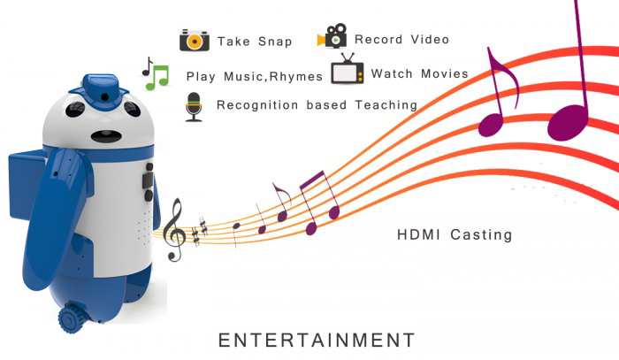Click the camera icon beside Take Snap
195,41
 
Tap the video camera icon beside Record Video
332,36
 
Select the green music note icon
157,77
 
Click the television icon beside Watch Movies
348,69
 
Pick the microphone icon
194,107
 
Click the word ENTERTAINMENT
317,341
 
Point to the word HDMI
418,234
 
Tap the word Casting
481,235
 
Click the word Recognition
257,105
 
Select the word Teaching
386,105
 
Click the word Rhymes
295,76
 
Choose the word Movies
445,73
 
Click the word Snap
275,42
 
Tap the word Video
430,39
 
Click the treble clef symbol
174,230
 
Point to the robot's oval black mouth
107,136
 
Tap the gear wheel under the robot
73,318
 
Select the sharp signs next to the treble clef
200,232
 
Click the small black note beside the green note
148,66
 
